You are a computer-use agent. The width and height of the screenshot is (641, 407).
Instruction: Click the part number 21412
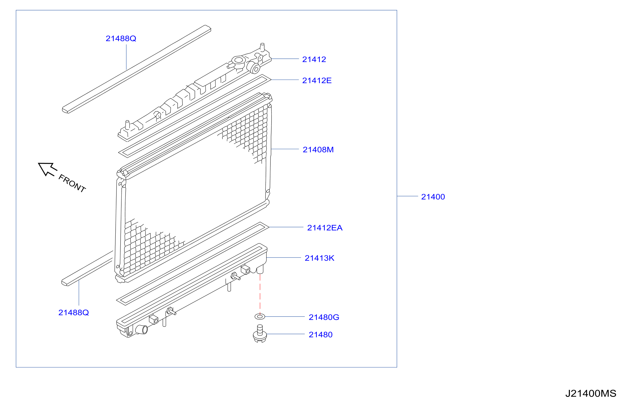(314, 60)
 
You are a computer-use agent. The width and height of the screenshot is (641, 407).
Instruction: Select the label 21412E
(317, 81)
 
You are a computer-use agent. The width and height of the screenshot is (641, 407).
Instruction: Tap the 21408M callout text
(318, 150)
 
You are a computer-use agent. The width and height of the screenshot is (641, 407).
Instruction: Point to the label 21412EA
(325, 228)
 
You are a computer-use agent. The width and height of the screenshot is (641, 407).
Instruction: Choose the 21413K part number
(320, 258)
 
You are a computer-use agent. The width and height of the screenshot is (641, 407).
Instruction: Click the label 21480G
(324, 317)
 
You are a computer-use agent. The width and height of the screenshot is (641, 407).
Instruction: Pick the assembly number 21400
(433, 197)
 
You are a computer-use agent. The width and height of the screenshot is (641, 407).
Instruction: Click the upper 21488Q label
(121, 39)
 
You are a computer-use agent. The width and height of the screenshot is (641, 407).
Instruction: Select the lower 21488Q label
(73, 313)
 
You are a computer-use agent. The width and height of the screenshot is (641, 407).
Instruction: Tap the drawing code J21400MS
(591, 394)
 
